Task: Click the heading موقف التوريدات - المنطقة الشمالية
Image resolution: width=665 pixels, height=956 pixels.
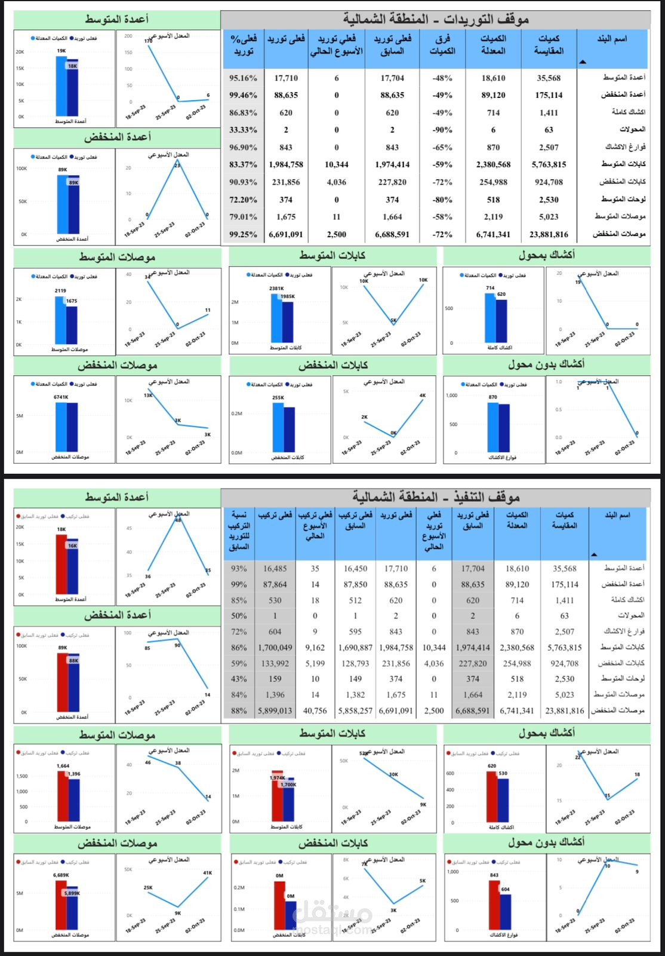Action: pos(435,19)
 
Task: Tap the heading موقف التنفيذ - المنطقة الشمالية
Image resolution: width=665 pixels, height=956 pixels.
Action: pos(435,497)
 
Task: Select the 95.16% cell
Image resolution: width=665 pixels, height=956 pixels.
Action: pos(243,78)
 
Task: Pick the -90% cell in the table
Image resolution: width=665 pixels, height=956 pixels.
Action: pos(442,130)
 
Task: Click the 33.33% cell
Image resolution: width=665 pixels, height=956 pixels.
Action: pos(243,130)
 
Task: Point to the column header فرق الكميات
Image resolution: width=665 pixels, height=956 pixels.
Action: pos(442,45)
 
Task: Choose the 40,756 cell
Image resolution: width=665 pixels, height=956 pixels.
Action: pos(315,710)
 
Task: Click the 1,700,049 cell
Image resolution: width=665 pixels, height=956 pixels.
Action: pos(275,648)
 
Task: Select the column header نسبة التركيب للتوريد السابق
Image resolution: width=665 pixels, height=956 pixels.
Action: pos(239,531)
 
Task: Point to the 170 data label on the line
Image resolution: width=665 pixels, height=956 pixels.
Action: pos(148,41)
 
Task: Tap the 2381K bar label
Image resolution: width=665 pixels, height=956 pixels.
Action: pos(276,288)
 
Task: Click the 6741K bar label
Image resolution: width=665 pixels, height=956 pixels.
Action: pos(61,397)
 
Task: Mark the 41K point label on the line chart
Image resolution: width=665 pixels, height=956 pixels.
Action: pos(207,873)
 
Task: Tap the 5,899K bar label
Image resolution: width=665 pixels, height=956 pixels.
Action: pos(72,893)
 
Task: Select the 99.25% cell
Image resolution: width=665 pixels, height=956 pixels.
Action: pos(243,234)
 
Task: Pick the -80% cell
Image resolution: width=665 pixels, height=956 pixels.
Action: pos(442,200)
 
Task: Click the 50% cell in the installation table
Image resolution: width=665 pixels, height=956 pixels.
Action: pos(239,616)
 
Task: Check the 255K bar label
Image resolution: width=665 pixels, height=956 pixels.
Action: pos(278,397)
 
